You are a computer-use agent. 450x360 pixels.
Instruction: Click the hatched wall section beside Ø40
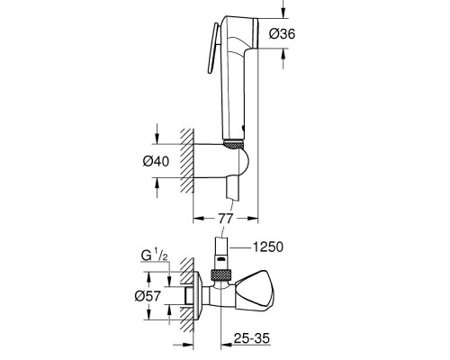click(185, 160)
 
